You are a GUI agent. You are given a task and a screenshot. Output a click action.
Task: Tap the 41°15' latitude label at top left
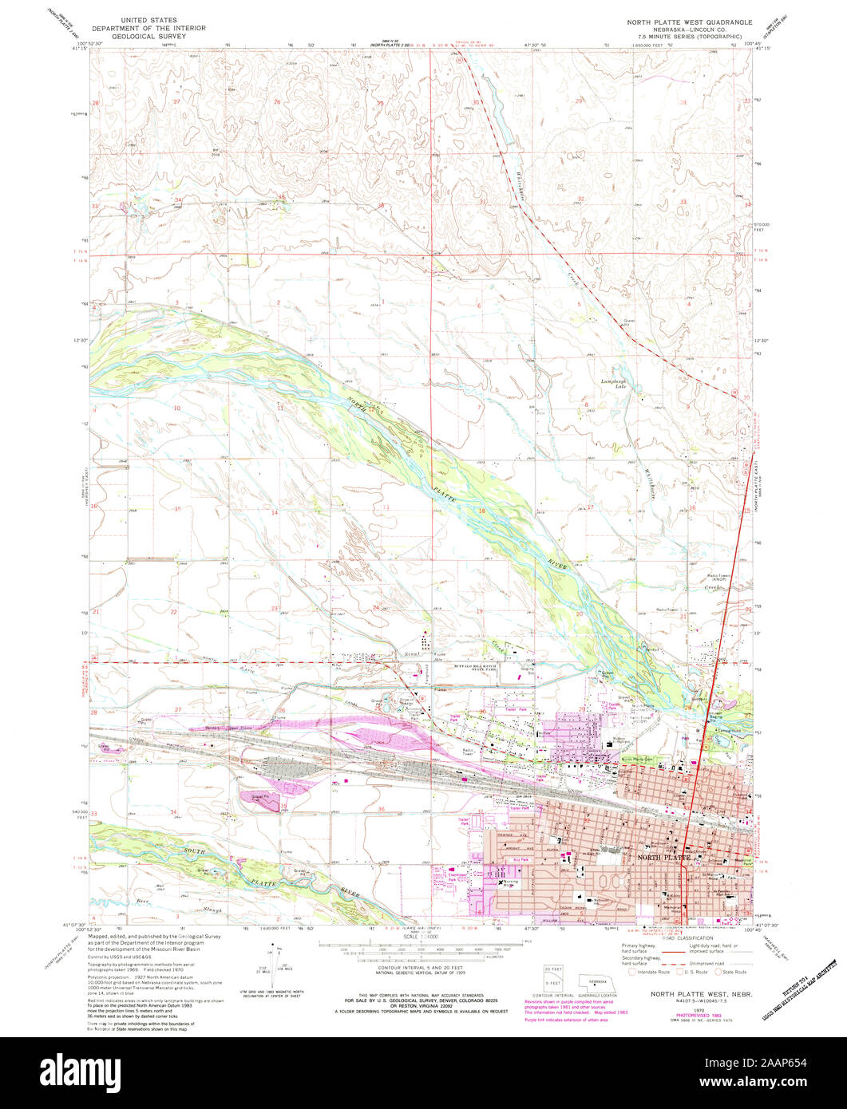(x=78, y=49)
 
